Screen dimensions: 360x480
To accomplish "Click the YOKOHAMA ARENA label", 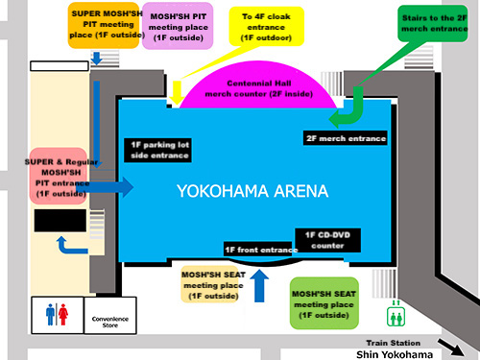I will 252,191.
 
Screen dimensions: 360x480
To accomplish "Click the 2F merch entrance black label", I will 347,138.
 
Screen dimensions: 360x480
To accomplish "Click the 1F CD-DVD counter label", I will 326,241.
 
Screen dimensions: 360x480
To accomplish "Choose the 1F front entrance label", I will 260,250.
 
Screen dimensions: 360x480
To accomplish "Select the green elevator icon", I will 394,315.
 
